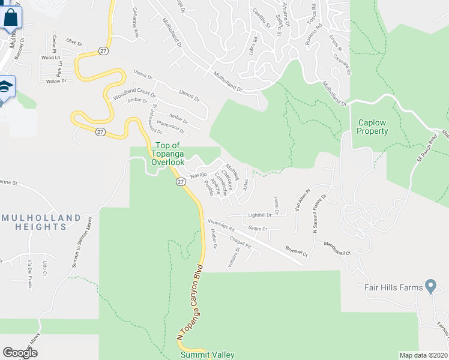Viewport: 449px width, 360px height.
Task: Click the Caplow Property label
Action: [x=373, y=126]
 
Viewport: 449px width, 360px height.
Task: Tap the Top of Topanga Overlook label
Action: [x=167, y=154]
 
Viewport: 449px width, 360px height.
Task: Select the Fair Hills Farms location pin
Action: [x=430, y=286]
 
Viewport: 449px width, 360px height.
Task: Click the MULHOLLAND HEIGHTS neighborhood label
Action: [x=41, y=222]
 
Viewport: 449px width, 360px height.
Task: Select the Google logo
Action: [x=20, y=353]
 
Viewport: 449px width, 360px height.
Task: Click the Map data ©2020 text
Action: [x=423, y=355]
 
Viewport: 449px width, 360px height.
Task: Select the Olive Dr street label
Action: [x=74, y=41]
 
